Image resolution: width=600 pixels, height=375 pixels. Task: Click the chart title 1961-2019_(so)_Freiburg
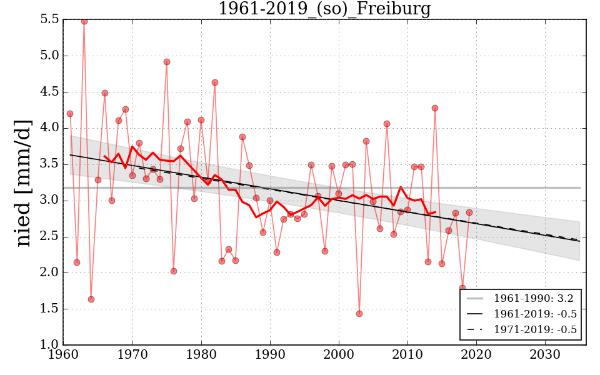[324, 9]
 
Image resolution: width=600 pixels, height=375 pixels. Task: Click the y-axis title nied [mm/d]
[24, 182]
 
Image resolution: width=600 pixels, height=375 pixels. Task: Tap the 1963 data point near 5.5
[84, 21]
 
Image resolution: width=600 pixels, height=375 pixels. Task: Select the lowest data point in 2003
[359, 314]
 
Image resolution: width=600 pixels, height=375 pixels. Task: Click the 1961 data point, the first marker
[70, 114]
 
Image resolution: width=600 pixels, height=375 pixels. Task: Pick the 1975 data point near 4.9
[167, 62]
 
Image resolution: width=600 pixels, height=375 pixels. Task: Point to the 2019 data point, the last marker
[469, 212]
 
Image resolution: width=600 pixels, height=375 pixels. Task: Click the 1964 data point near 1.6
[91, 299]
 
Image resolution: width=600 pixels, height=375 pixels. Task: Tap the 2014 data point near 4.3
[435, 108]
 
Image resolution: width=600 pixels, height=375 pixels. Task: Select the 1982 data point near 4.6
[215, 82]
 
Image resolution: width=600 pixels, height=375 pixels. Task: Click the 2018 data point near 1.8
[462, 288]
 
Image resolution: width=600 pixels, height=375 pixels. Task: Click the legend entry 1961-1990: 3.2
[533, 298]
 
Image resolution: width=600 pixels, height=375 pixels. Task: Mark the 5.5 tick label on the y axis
[49, 19]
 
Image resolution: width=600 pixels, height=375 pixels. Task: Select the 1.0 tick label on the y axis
[49, 345]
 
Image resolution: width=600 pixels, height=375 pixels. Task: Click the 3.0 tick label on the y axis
[49, 201]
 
